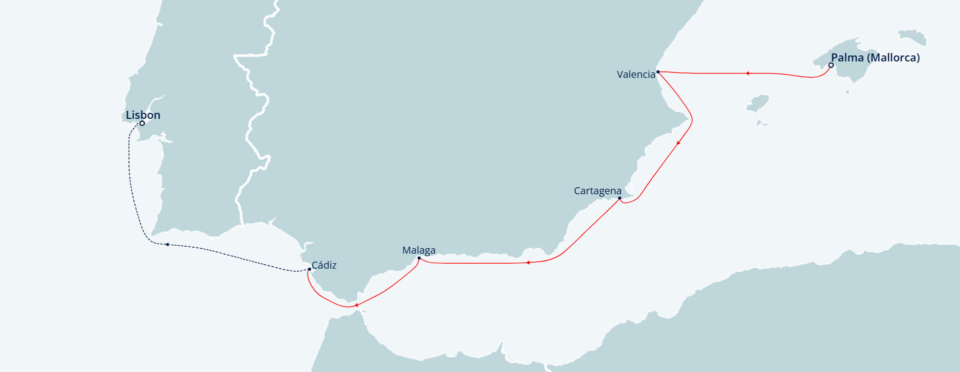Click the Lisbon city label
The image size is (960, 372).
click(143, 115)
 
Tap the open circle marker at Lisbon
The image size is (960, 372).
click(142, 123)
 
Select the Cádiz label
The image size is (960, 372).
click(324, 265)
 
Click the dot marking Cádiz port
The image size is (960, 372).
click(309, 270)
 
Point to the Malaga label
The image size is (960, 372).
click(419, 250)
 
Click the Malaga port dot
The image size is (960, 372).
click(419, 258)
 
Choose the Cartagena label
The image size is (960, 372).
click(597, 191)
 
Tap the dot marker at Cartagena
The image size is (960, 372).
click(619, 198)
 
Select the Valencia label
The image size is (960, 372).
click(636, 74)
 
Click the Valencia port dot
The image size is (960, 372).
click(658, 72)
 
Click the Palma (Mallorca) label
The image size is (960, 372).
click(875, 57)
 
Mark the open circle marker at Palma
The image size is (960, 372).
click(831, 65)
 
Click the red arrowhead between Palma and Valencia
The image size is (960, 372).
click(747, 73)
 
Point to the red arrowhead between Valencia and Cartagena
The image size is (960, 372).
click(678, 143)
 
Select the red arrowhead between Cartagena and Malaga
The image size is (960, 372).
click(527, 262)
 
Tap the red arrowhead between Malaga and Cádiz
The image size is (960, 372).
click(356, 305)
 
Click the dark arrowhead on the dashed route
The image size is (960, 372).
click(167, 245)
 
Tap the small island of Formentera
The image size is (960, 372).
click(761, 123)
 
